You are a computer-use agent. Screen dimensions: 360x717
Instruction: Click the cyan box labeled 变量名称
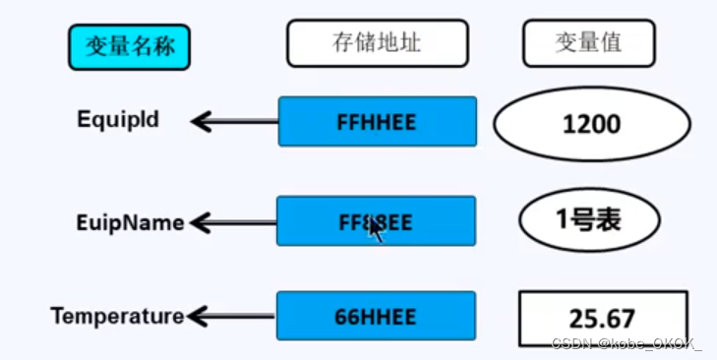(129, 46)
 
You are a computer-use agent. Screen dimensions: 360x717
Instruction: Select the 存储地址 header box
(378, 44)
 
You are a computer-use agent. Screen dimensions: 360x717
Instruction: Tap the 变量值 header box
(588, 44)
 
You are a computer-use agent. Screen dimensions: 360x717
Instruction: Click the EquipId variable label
(118, 120)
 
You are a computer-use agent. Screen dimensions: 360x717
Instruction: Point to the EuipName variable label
(131, 223)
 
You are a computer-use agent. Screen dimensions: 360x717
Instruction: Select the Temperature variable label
(117, 317)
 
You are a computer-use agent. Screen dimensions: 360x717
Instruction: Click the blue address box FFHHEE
(377, 121)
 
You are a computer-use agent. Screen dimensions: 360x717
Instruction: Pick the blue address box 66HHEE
(376, 316)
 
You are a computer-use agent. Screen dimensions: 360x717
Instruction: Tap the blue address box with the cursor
(376, 221)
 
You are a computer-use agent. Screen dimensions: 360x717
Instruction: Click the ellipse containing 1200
(591, 124)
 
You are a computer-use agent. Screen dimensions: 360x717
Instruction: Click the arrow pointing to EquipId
(234, 121)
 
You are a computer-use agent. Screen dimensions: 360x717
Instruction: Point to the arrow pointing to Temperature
(231, 317)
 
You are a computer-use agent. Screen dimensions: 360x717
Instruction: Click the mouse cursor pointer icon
(375, 231)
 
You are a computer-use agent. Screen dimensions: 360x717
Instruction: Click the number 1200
(591, 125)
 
